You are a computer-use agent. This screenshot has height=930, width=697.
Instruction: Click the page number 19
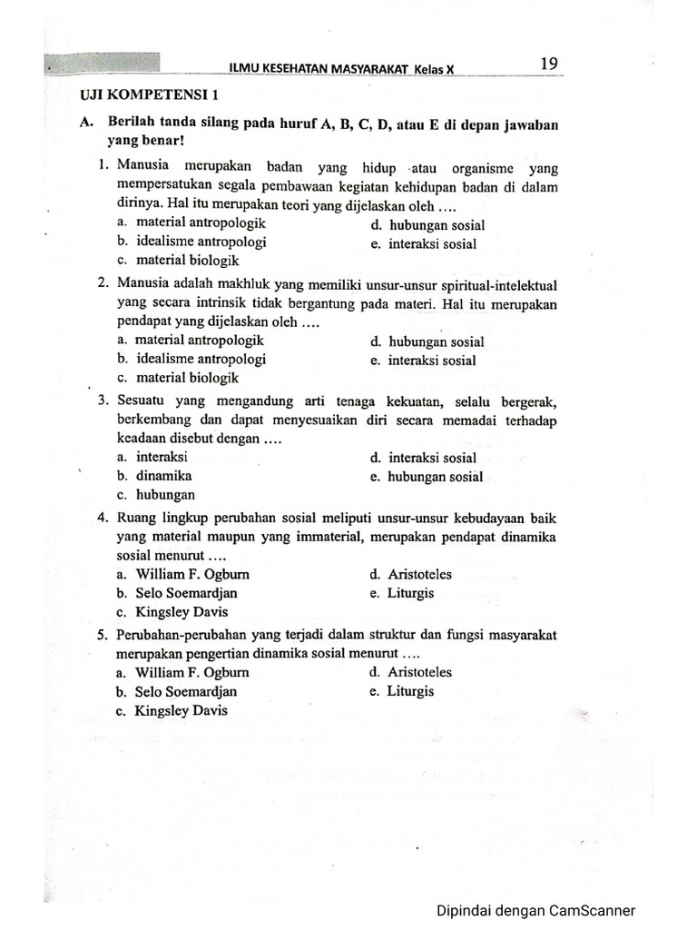(548, 64)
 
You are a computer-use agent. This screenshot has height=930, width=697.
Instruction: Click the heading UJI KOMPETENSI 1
(150, 94)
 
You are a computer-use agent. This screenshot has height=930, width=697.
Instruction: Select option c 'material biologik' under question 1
(178, 260)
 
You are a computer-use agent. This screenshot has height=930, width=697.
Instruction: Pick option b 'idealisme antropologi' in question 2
(191, 359)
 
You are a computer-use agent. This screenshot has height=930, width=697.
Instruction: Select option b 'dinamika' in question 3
(163, 476)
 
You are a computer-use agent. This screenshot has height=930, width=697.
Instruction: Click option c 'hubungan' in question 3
(164, 495)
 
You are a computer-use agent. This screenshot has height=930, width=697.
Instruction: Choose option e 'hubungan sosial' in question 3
(436, 477)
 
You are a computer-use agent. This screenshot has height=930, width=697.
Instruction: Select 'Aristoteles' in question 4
(419, 575)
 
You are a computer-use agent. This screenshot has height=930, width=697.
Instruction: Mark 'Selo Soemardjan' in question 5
(186, 692)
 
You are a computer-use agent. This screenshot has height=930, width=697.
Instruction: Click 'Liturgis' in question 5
(410, 691)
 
